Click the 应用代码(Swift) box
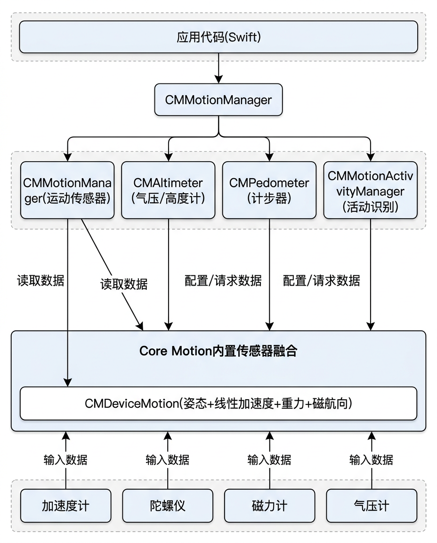[218, 37]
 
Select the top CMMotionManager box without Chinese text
[218, 100]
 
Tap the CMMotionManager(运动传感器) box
[67, 190]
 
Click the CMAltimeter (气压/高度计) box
[168, 190]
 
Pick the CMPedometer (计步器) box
[269, 190]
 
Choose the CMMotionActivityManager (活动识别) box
[370, 190]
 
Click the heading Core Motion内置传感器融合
[218, 351]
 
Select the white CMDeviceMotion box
[218, 403]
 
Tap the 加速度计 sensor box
[65, 506]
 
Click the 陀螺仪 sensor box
[167, 506]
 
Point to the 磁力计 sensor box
[269, 506]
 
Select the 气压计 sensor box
[371, 506]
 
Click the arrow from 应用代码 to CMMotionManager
[218, 68]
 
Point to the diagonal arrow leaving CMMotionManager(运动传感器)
[111, 271]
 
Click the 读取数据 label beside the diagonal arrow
[124, 284]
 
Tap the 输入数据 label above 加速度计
[65, 459]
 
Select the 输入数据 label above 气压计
[371, 459]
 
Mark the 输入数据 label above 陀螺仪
[167, 459]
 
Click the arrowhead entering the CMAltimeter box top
[168, 157]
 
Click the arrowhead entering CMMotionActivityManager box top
[370, 157]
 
